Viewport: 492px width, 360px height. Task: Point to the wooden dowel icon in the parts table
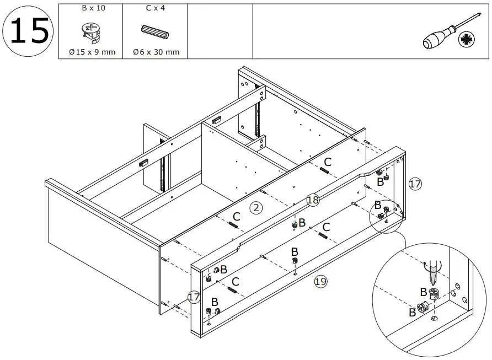click(x=155, y=31)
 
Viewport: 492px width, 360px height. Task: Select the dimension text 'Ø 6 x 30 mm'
click(x=156, y=52)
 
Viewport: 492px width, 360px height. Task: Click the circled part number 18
click(x=313, y=200)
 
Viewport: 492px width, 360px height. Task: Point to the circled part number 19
click(x=320, y=282)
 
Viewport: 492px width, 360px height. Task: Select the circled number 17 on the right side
click(x=415, y=184)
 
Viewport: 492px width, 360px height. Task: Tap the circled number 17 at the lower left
click(x=194, y=297)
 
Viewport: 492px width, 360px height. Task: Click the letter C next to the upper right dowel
click(x=328, y=162)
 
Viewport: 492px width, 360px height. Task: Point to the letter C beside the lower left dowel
click(x=235, y=282)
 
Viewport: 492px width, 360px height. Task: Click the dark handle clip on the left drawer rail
click(x=144, y=163)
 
